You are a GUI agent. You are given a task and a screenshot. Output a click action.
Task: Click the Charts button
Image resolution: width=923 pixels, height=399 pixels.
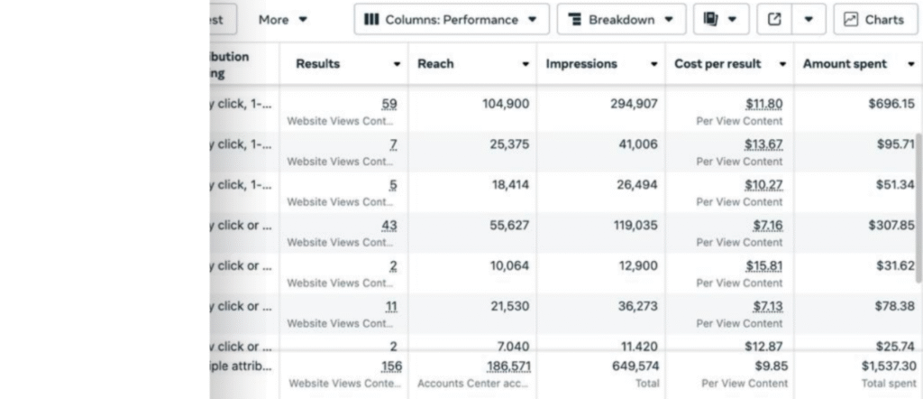[x=875, y=19]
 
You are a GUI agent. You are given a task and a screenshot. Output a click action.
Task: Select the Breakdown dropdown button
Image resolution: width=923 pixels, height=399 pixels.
[x=621, y=19]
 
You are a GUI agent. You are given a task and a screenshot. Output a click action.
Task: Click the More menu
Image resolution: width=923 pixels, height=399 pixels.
[x=282, y=19]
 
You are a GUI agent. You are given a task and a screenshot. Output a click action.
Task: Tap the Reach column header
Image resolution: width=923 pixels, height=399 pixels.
[x=436, y=64]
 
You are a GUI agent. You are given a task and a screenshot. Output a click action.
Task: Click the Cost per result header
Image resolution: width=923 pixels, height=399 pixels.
[x=717, y=64]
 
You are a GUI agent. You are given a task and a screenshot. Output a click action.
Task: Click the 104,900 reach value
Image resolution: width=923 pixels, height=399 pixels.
[x=506, y=104]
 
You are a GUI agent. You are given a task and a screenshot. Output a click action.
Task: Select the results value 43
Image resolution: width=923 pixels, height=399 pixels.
[x=390, y=225]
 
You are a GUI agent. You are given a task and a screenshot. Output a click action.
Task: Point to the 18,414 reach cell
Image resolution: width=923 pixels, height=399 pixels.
[x=509, y=184]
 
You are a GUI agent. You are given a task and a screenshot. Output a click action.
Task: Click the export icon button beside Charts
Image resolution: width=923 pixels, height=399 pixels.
[x=774, y=19]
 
